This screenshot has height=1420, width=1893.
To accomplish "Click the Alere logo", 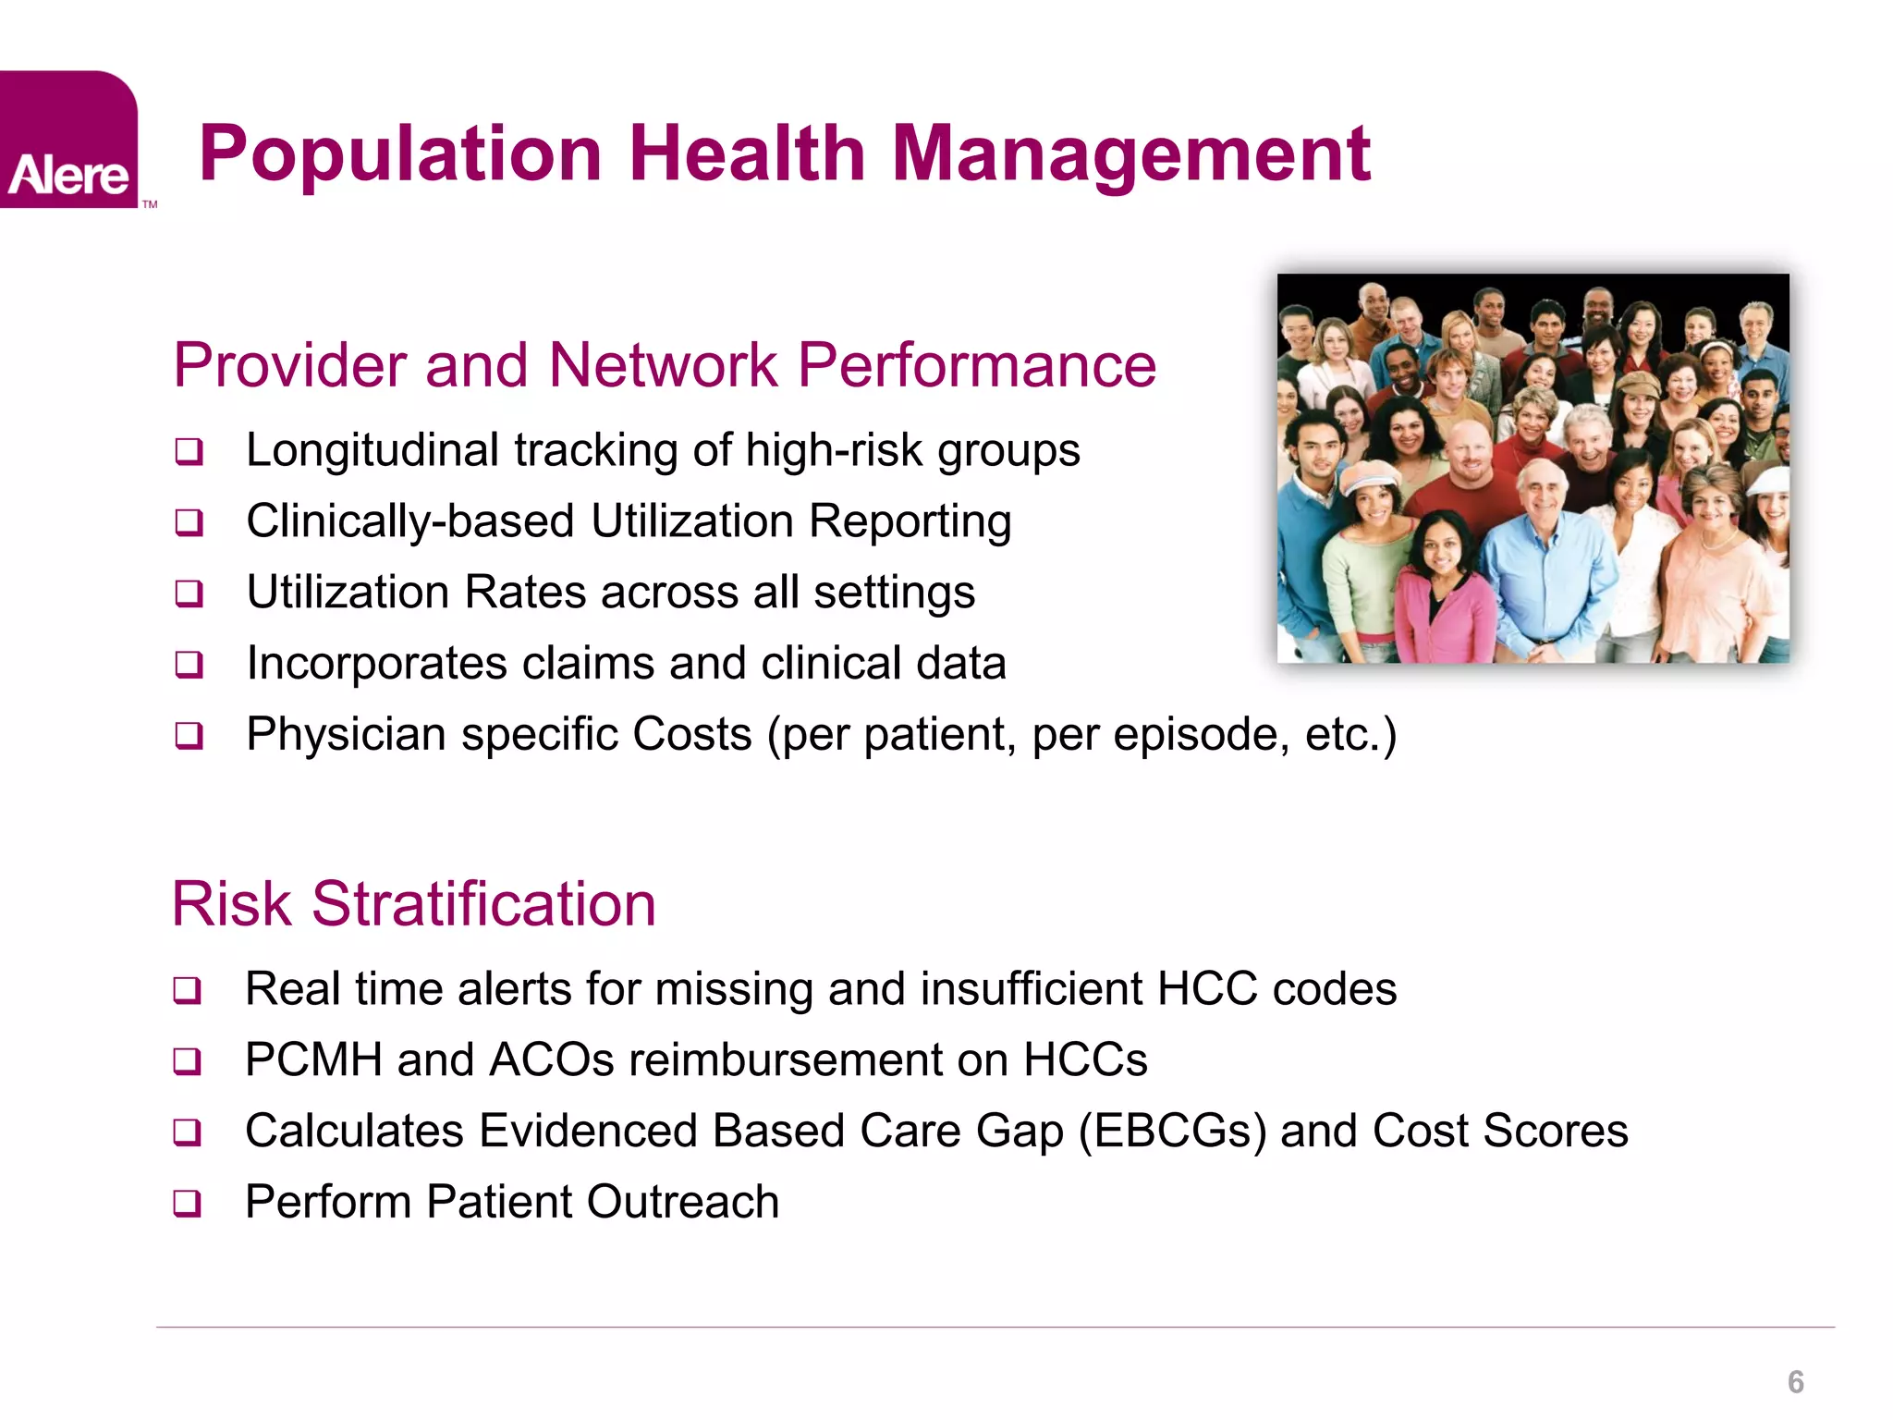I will [68, 141].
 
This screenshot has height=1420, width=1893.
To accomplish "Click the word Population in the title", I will [400, 153].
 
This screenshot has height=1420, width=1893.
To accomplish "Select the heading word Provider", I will [289, 365].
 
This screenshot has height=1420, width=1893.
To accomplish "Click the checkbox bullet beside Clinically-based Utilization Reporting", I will [189, 523].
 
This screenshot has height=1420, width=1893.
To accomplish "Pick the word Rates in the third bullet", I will [525, 593].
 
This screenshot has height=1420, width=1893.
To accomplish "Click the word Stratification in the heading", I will [483, 904].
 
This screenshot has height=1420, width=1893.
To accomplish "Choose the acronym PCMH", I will [313, 1060].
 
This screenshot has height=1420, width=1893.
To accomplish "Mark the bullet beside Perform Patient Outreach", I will [188, 1204].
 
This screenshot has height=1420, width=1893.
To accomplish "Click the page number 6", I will [1795, 1382].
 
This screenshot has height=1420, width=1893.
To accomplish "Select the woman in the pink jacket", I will [1442, 592].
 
